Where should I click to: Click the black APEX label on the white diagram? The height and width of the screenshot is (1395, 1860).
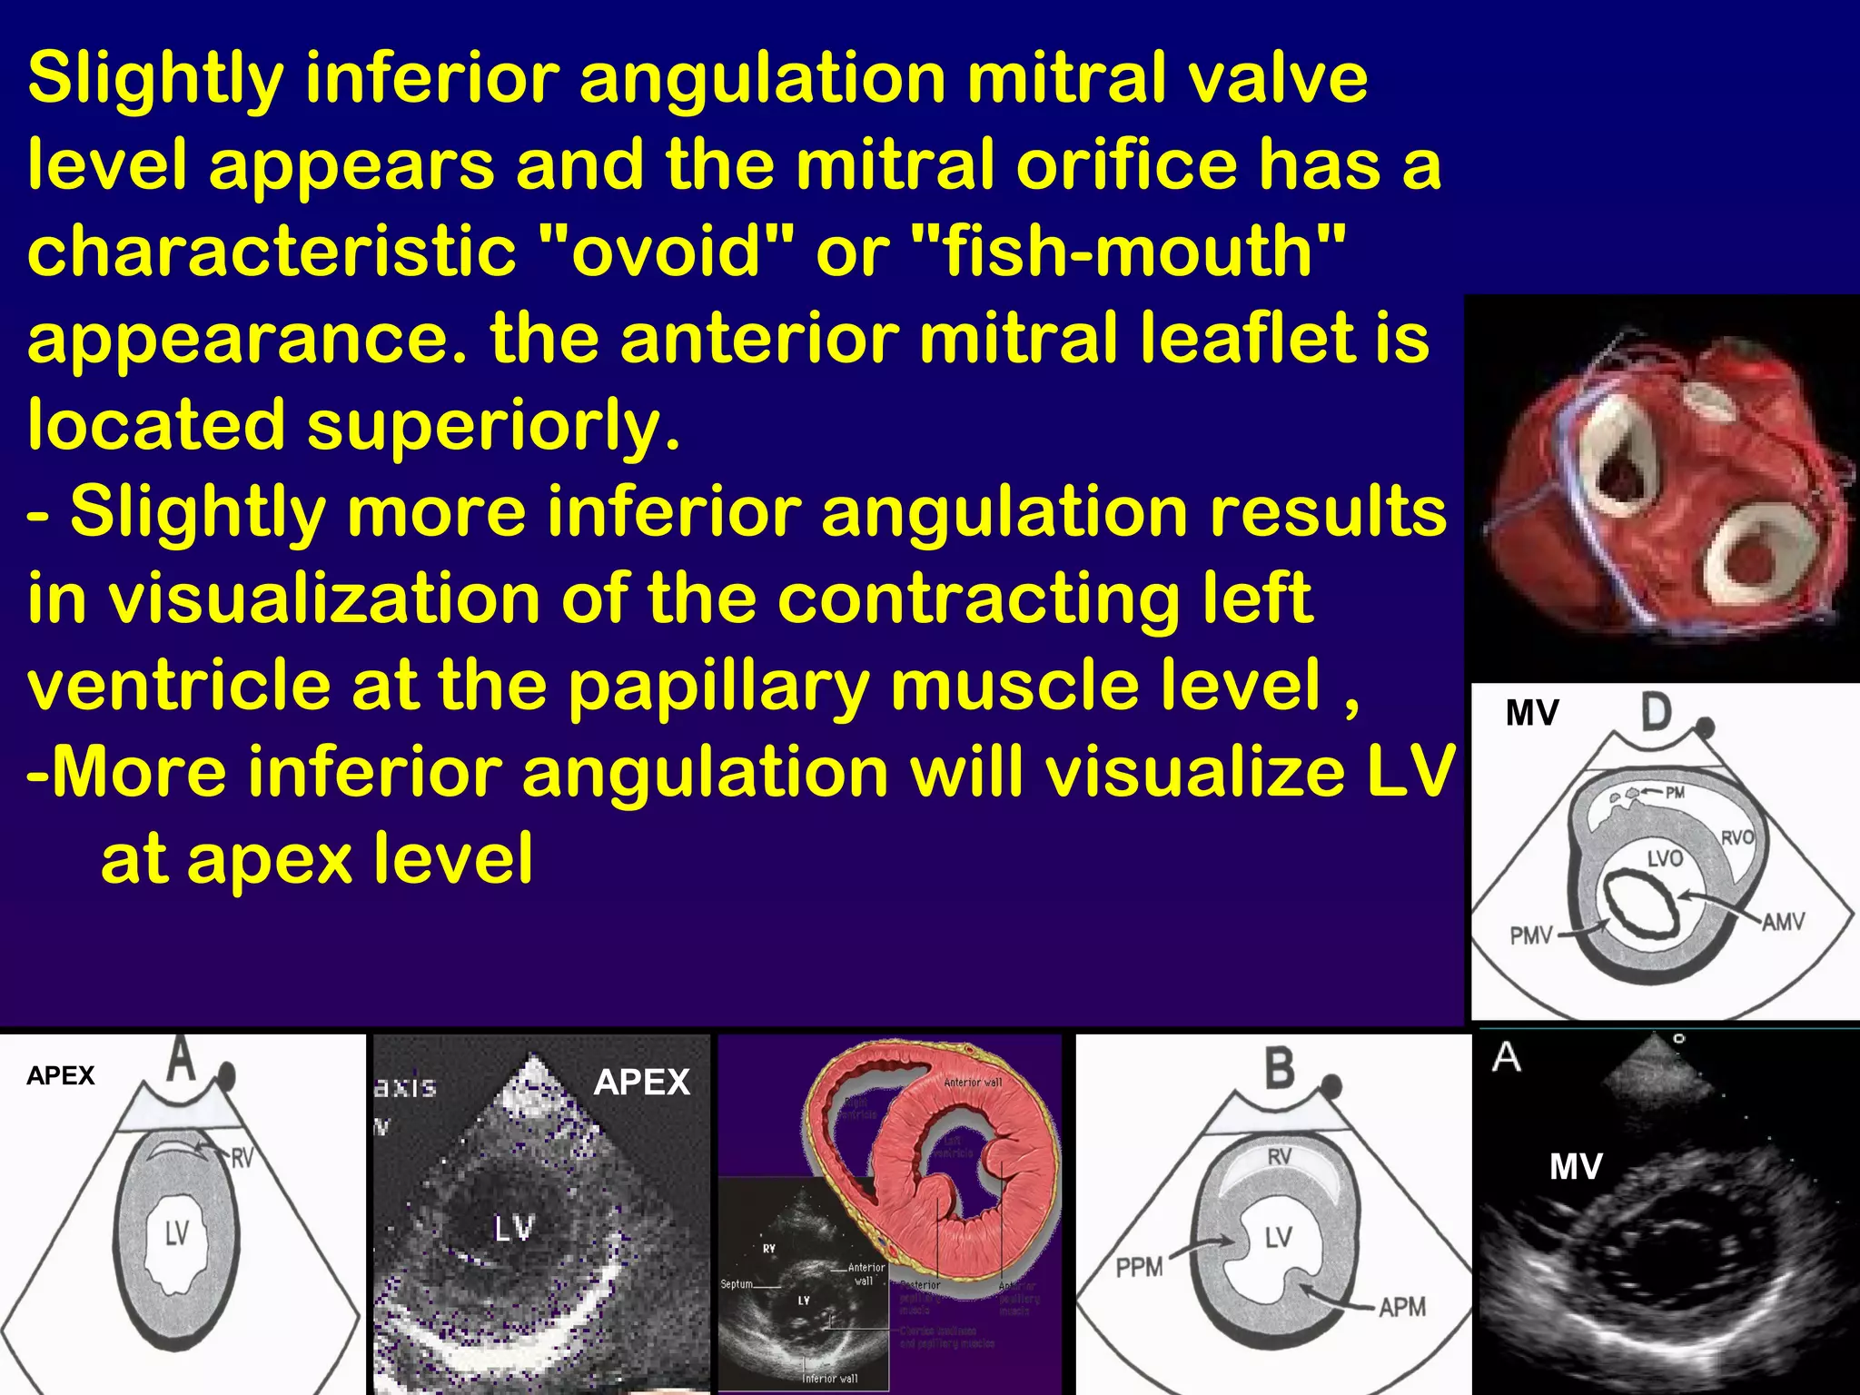[60, 1076]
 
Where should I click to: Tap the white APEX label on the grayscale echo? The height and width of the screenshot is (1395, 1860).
[641, 1083]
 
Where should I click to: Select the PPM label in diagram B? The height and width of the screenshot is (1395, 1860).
[1139, 1266]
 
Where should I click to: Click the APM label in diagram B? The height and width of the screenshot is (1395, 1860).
[1401, 1307]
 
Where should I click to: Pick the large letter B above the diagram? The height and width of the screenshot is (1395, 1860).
[1280, 1068]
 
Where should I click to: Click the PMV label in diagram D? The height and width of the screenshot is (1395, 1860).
[1531, 935]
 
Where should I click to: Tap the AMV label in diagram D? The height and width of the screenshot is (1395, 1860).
[1783, 923]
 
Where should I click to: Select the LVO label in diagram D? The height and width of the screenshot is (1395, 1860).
[1665, 857]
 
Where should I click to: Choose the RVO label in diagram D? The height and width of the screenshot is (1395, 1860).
[1736, 836]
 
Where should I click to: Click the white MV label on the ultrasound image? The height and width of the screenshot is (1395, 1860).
[1576, 1167]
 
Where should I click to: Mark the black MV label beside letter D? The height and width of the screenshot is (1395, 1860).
[1532, 714]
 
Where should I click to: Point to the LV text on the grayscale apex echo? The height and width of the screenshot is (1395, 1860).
[514, 1229]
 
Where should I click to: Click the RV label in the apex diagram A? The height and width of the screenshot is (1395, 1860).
[241, 1157]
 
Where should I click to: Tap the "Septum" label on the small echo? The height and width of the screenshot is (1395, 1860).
[737, 1284]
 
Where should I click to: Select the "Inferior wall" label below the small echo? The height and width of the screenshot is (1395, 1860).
[829, 1379]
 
